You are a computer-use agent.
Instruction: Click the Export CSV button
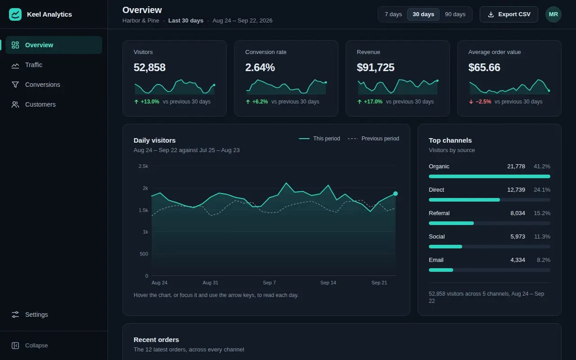pos(508,14)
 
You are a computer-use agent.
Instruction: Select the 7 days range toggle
pos(393,14)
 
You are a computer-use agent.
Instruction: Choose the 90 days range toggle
pos(455,14)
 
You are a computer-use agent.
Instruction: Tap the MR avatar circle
pos(553,14)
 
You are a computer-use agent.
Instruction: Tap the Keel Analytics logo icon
pos(15,14)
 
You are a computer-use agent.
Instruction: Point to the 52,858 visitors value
pos(149,67)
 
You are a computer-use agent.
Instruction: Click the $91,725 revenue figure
pos(375,67)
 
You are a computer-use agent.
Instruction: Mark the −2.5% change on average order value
pos(483,102)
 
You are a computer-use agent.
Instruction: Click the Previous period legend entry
pos(373,139)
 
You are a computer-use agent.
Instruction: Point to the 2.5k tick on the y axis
pos(143,166)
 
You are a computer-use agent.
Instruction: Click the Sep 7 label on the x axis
pos(269,283)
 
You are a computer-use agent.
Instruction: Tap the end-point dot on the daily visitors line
pos(396,193)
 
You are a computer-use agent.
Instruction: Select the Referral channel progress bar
pos(489,223)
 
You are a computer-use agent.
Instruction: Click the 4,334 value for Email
pos(517,260)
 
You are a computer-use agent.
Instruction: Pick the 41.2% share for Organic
pos(542,166)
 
